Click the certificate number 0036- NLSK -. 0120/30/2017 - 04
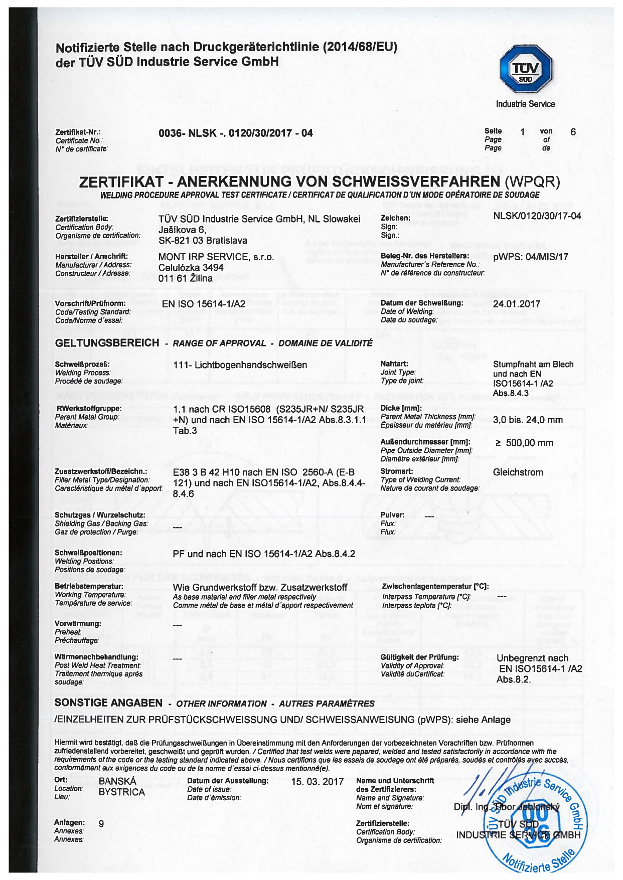tap(235, 133)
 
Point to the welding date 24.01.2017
tap(516, 304)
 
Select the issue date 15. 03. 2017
tap(317, 782)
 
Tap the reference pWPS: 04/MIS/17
tap(530, 257)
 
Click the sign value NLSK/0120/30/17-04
tap(537, 216)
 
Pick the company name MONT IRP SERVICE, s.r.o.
tap(216, 257)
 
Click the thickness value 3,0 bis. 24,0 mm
tap(528, 420)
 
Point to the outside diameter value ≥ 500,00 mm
tap(524, 443)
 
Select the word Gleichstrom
tap(518, 472)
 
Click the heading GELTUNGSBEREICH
tap(107, 343)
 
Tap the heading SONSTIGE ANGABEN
tap(108, 703)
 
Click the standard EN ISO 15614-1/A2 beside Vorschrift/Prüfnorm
tap(203, 304)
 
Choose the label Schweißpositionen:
tap(88, 553)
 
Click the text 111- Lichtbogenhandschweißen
tap(240, 365)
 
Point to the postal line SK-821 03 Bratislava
tap(203, 241)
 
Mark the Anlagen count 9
tap(101, 823)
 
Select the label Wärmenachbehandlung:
tap(96, 657)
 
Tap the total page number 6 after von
tap(573, 132)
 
